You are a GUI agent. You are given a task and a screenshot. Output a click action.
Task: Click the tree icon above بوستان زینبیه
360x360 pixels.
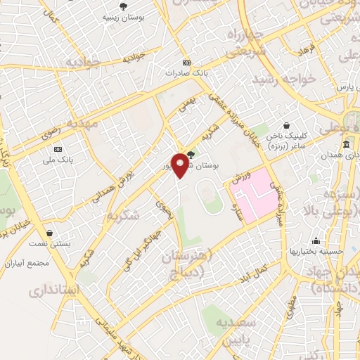[124, 6]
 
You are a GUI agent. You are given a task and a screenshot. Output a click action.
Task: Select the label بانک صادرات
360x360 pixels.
[185, 72]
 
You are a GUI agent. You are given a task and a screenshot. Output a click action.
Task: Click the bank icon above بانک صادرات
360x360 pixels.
[186, 62]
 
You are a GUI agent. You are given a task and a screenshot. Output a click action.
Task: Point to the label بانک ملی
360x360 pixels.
[58, 160]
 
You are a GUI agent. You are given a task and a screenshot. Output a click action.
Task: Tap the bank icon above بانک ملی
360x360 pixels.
[58, 150]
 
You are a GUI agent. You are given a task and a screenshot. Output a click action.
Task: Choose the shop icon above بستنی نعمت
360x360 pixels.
[49, 232]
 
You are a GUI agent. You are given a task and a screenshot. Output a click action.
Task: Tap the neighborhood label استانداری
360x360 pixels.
[53, 290]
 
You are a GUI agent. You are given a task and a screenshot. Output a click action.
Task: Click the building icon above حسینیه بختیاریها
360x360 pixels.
[317, 240]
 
